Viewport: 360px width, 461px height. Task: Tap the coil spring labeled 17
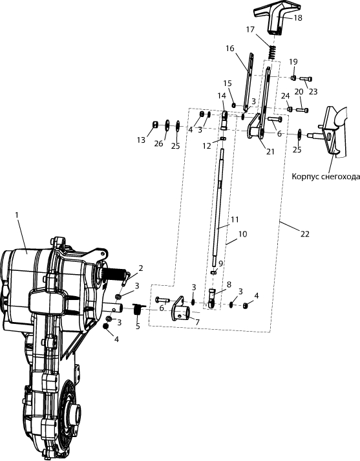click(x=273, y=52)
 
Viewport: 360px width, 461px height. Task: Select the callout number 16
click(x=230, y=48)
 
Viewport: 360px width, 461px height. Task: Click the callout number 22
click(x=305, y=234)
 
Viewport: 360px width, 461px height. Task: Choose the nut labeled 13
click(x=155, y=125)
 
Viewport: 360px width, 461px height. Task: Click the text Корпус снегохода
click(x=326, y=177)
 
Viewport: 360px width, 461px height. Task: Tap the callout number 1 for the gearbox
click(x=17, y=215)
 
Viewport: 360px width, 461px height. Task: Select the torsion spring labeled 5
click(x=138, y=309)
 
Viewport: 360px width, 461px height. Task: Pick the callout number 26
click(x=159, y=144)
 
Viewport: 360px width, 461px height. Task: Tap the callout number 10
click(x=243, y=234)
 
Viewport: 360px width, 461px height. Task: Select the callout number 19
click(x=293, y=61)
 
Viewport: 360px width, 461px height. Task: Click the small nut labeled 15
click(x=233, y=105)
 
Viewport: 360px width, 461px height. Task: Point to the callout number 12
click(x=207, y=145)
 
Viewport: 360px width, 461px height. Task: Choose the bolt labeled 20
click(x=302, y=111)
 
